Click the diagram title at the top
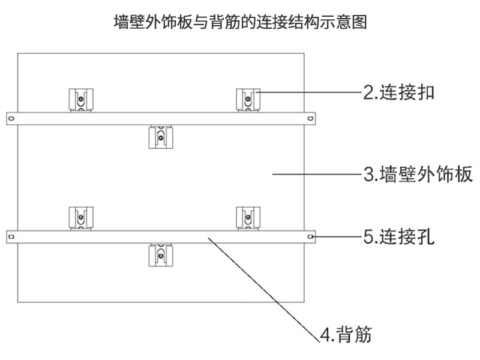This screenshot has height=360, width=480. pyautogui.click(x=240, y=23)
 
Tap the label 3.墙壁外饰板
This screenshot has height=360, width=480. pyautogui.click(x=419, y=175)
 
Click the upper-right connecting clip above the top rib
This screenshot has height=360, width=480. pyautogui.click(x=247, y=100)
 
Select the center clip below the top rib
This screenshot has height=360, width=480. pyautogui.click(x=160, y=137)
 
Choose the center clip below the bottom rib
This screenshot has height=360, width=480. pyautogui.click(x=160, y=254)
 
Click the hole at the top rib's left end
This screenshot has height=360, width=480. pyautogui.click(x=11, y=118)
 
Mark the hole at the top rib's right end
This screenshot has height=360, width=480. pyautogui.click(x=310, y=118)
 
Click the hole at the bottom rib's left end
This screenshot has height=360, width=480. pyautogui.click(x=11, y=237)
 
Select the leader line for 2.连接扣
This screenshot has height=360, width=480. pyautogui.click(x=309, y=92)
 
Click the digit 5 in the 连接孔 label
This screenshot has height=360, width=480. pyautogui.click(x=367, y=237)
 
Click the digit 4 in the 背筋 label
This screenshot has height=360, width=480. pyautogui.click(x=325, y=334)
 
